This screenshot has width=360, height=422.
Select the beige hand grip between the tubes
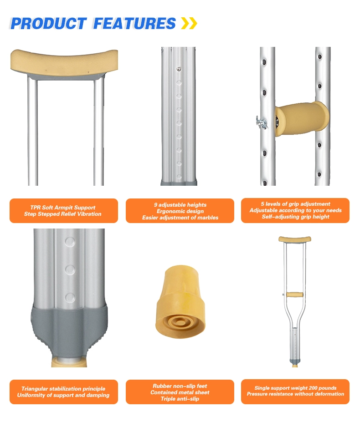tap(301, 118)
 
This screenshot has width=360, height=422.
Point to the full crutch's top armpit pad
tap(295, 239)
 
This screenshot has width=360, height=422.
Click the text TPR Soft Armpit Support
tap(63, 208)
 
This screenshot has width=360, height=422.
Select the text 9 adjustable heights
tap(180, 205)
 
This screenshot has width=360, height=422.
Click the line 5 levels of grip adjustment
tap(296, 204)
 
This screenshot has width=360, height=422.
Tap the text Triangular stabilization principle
tap(63, 389)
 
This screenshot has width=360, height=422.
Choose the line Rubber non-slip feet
tap(180, 386)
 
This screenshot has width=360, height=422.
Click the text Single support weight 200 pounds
tap(296, 388)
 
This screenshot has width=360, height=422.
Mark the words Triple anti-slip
tap(180, 399)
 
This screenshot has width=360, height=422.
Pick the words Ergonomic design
tap(180, 211)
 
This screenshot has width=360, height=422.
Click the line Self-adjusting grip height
tap(296, 217)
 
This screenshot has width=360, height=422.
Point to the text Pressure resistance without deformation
tap(296, 394)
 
